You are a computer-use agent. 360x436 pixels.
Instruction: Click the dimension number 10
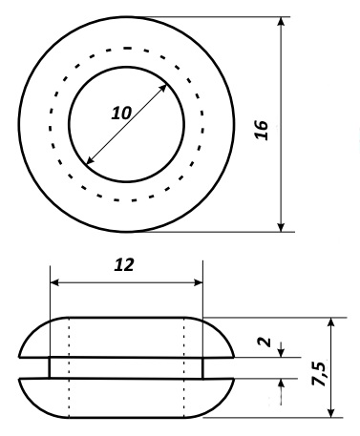pyautogui.click(x=121, y=113)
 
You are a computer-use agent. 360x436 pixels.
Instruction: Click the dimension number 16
pyautogui.click(x=262, y=130)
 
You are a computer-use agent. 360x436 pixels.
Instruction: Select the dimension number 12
pyautogui.click(x=124, y=265)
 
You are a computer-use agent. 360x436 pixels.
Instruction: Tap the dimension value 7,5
pyautogui.click(x=319, y=374)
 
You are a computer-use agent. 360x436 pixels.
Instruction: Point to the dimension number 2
pyautogui.click(x=265, y=342)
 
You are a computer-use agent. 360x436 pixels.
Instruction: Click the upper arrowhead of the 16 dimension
pyautogui.click(x=281, y=22)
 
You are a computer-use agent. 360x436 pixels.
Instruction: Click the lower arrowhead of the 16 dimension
pyautogui.click(x=281, y=227)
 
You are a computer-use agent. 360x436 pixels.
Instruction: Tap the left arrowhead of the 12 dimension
pyautogui.click(x=54, y=282)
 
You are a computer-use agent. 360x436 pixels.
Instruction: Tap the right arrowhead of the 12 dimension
pyautogui.click(x=198, y=282)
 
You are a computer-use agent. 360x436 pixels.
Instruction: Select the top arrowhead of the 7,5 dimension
pyautogui.click(x=331, y=322)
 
